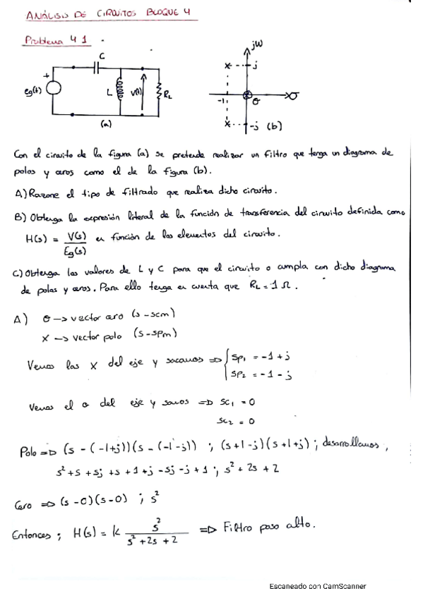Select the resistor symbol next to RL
point(160,92)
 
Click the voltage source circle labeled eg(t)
point(54,90)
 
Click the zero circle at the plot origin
point(248,94)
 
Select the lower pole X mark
point(227,125)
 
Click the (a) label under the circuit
point(106,124)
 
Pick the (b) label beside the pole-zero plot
point(274,127)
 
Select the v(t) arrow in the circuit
point(143,90)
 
